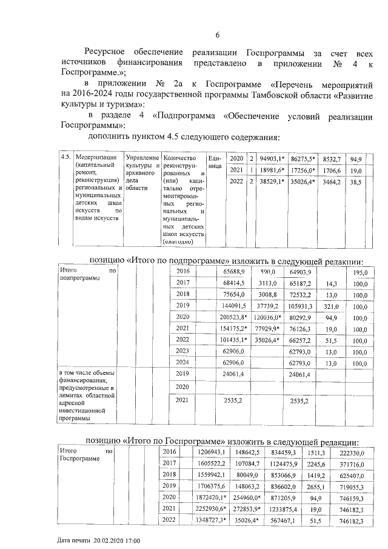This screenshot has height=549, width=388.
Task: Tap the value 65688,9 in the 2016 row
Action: pyautogui.click(x=233, y=271)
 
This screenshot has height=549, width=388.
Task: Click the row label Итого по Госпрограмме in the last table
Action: pyautogui.click(x=85, y=456)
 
